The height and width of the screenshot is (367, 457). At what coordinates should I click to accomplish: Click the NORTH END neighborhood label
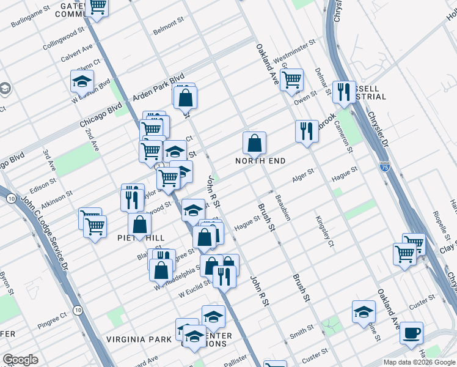(261, 161)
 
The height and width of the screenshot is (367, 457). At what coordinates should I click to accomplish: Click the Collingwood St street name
(63, 39)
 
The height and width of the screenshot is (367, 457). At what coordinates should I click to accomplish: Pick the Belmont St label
(169, 26)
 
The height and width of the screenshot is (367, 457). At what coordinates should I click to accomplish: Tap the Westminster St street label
(294, 53)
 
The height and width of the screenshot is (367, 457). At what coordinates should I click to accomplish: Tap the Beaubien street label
(282, 209)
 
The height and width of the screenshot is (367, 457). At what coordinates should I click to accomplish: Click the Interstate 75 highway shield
(384, 166)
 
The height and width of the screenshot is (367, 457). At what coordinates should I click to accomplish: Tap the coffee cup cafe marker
(411, 333)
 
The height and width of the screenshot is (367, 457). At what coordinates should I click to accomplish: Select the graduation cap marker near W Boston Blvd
(81, 81)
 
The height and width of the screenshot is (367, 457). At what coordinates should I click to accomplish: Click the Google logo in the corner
(21, 360)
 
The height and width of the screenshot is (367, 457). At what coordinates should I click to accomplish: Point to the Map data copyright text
(419, 362)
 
